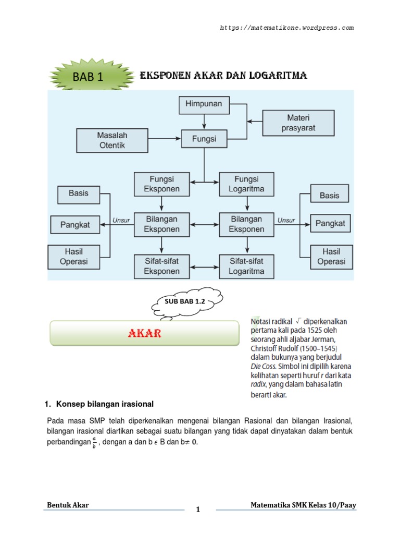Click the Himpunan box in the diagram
(x=203, y=104)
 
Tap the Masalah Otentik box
(x=112, y=140)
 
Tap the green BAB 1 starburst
(x=89, y=77)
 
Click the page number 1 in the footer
(x=198, y=510)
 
